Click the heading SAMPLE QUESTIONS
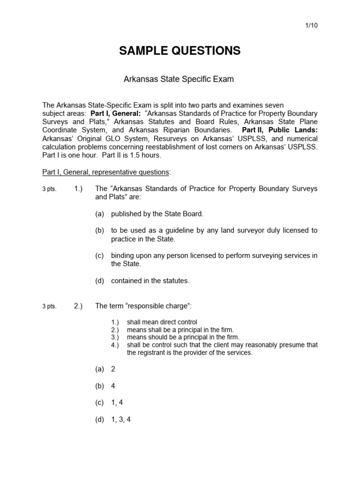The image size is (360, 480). click(x=180, y=51)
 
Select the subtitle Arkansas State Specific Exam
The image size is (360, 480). click(x=178, y=79)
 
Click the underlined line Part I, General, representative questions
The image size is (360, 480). click(x=106, y=172)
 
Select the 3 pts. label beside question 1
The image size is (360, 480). click(x=49, y=189)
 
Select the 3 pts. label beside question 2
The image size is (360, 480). click(x=49, y=307)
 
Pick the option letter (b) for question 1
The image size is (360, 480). click(x=99, y=230)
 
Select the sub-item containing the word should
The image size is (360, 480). click(x=183, y=337)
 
